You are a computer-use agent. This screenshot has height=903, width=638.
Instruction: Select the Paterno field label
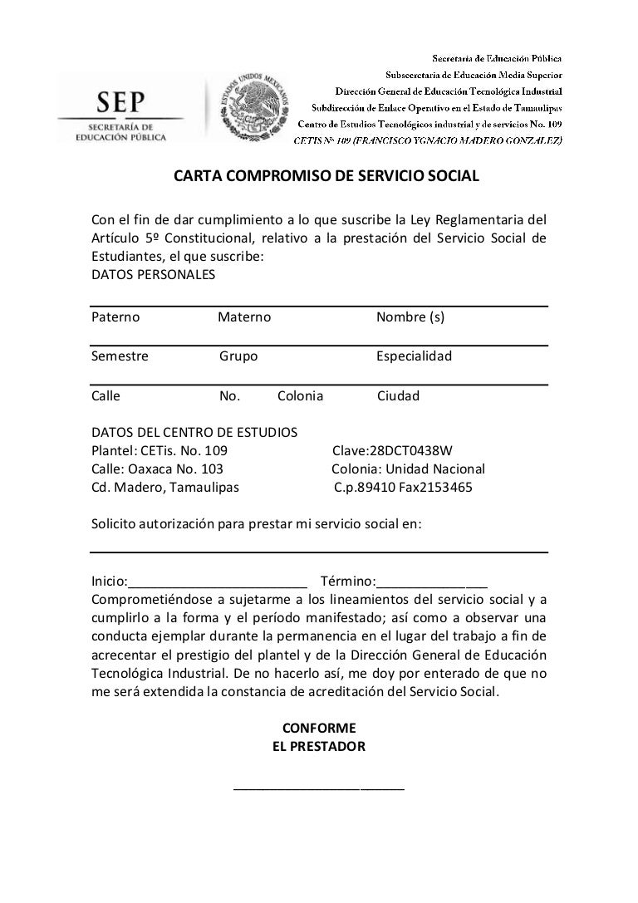pos(115,317)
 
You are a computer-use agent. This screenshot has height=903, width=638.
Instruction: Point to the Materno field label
pos(244,317)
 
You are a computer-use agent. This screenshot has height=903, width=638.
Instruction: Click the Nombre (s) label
pos(410,317)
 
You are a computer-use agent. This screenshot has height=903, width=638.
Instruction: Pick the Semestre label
pos(120,356)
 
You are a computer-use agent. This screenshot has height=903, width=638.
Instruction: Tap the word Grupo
pos(238,356)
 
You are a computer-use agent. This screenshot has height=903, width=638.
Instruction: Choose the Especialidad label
pos(414,356)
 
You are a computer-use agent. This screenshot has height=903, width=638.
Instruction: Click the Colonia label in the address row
pos(300,395)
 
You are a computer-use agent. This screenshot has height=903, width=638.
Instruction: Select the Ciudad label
pos(398,395)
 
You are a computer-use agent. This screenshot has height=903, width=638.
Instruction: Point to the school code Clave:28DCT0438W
pos(392,451)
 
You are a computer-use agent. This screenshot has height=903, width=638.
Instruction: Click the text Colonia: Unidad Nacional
pos(408,469)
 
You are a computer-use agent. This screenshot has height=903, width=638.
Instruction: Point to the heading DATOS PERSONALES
pos(153,274)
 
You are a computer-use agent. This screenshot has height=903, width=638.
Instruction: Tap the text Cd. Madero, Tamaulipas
pos(164,488)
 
